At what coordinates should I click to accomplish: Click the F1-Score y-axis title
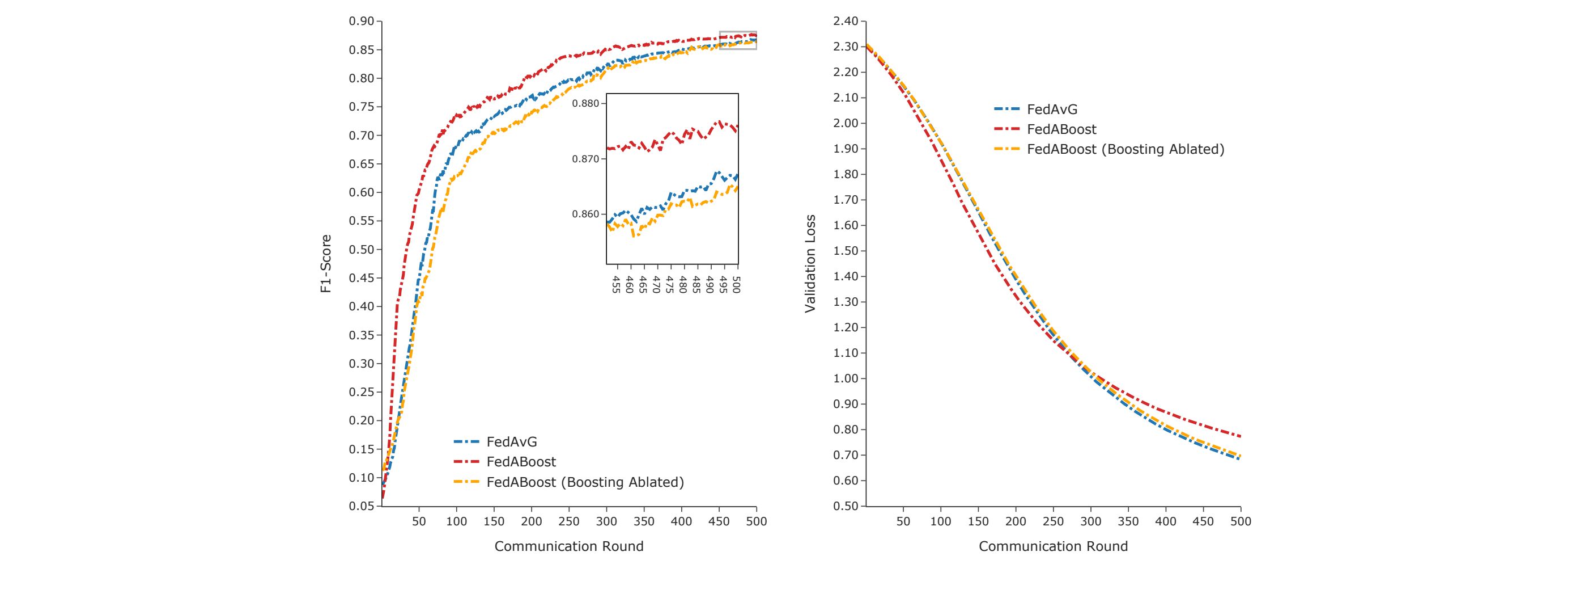coord(326,263)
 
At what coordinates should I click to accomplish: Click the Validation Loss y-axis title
coord(810,263)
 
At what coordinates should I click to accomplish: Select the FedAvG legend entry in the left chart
coord(512,441)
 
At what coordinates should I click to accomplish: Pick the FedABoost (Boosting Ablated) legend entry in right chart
coord(1125,149)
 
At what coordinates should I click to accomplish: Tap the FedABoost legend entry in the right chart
coord(1061,129)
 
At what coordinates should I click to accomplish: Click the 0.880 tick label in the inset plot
coord(585,104)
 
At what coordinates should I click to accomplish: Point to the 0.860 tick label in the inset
coord(585,214)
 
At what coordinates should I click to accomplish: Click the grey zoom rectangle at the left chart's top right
coord(738,40)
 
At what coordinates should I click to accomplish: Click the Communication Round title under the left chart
coord(568,546)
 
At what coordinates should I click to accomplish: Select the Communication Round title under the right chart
coord(1052,546)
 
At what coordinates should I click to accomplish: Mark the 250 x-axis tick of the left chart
coord(568,521)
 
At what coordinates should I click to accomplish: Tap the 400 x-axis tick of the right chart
coord(1165,521)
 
